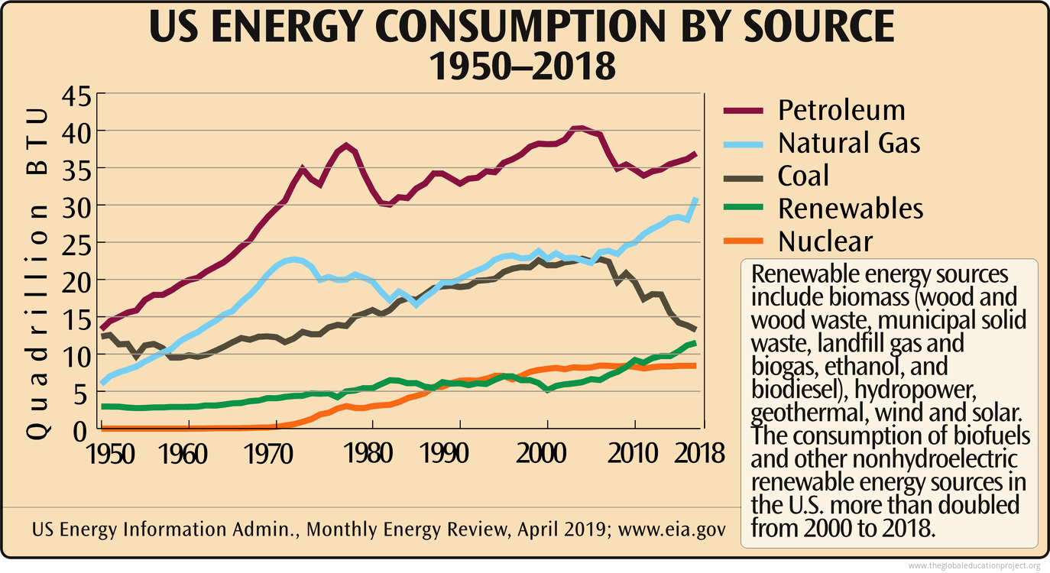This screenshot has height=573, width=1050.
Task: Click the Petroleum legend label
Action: pyautogui.click(x=841, y=110)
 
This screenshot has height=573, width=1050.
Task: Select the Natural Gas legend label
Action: pyautogui.click(x=849, y=143)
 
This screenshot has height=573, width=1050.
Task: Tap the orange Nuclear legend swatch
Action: pyautogui.click(x=743, y=241)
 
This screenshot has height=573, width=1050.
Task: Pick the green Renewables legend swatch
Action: pyautogui.click(x=743, y=209)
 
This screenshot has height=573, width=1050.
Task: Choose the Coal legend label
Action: pyautogui.click(x=803, y=176)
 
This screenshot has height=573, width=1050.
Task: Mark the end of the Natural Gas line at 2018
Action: pyautogui.click(x=695, y=200)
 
